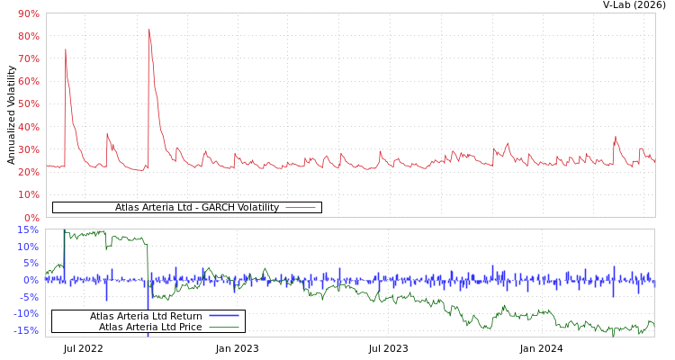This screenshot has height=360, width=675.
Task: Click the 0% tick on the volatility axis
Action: point(31,218)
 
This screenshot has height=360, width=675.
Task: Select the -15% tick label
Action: point(26,331)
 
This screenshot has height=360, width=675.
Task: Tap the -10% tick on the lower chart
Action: point(26,314)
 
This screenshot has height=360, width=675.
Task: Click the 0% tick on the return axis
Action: point(31,280)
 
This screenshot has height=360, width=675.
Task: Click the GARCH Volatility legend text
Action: point(196,208)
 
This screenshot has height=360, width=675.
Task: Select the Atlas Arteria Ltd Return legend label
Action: point(146,316)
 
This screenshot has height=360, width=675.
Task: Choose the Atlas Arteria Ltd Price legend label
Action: point(150,327)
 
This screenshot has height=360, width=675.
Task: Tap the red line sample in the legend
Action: point(301,208)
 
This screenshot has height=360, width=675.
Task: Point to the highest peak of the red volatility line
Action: point(149,31)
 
